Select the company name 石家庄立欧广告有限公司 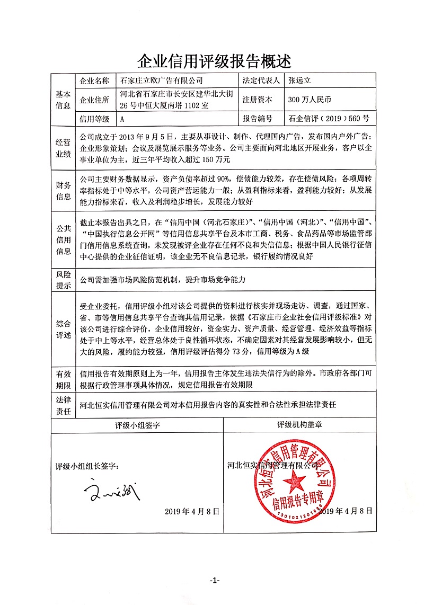162,81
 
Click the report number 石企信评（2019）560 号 329,119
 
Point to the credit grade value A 123,119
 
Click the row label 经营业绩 63,148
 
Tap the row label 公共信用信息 63,239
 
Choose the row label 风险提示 63,280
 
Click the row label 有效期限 63,379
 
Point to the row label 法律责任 63,405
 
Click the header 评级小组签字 137,425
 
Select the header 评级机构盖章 299,425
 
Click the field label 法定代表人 261,81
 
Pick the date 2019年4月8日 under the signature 192,511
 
